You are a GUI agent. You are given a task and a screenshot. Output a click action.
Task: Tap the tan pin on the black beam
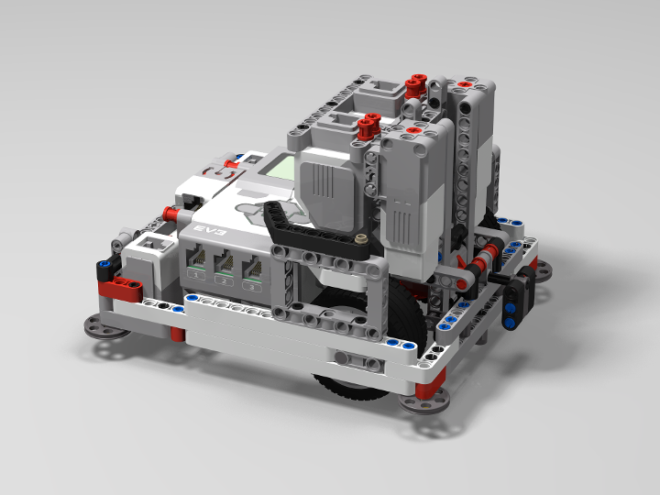click(x=366, y=240)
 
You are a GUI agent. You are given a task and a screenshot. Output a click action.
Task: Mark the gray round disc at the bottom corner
click(x=426, y=424)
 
